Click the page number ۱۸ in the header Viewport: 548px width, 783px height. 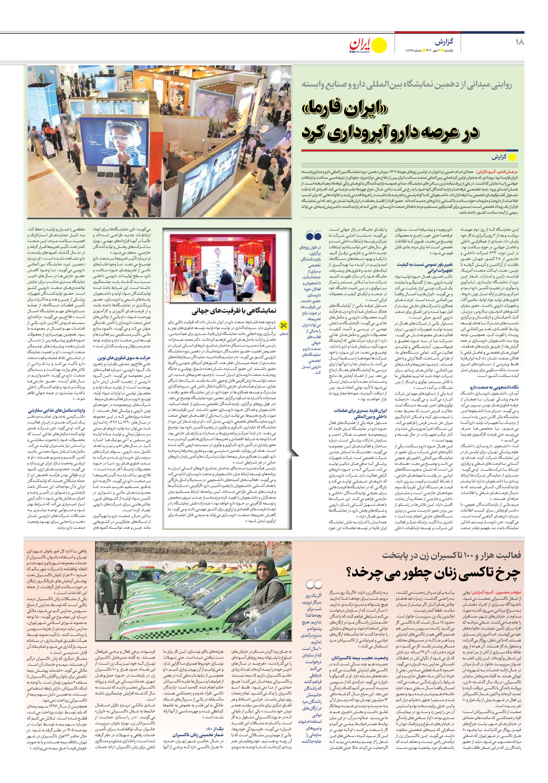(x=520, y=42)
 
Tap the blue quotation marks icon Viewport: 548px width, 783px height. (x=313, y=236)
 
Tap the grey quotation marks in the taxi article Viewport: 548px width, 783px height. (x=314, y=584)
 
